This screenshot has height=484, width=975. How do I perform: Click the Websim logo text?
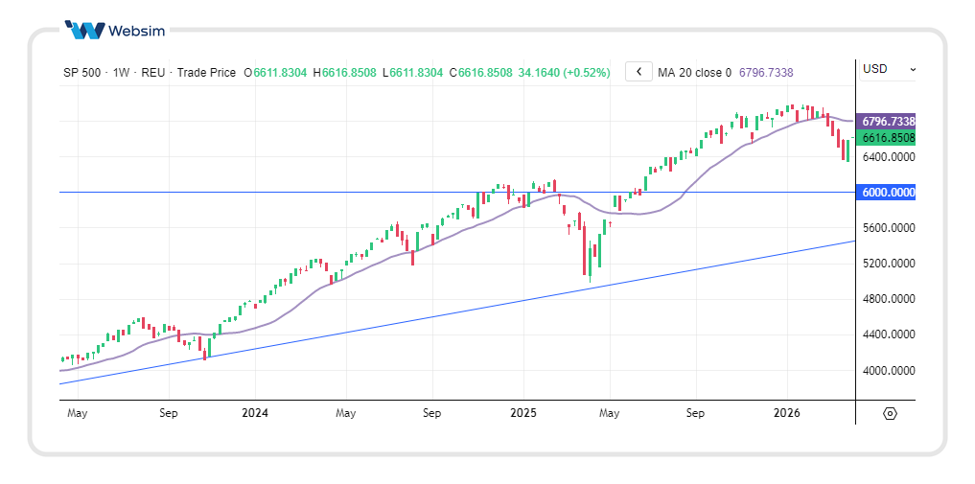[137, 31]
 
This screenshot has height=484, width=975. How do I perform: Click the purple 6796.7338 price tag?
[888, 122]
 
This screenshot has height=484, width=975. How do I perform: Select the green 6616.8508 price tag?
[888, 138]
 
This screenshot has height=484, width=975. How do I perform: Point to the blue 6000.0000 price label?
[888, 192]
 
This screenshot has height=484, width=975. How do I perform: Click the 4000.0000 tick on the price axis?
[888, 371]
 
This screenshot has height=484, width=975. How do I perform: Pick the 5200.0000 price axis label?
[888, 264]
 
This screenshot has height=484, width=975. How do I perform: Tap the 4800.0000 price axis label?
[888, 299]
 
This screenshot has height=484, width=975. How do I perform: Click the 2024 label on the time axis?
[255, 414]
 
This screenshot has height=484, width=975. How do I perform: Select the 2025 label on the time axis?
[522, 414]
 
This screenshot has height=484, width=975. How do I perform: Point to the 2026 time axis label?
[787, 414]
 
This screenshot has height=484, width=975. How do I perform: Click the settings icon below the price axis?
[890, 414]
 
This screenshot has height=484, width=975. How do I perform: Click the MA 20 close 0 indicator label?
[694, 73]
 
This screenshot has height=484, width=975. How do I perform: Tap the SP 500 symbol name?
[82, 73]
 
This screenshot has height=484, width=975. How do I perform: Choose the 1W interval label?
[122, 73]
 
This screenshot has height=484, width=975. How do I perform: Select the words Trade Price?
[206, 73]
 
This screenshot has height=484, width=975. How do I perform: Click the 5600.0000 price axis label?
[888, 228]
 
